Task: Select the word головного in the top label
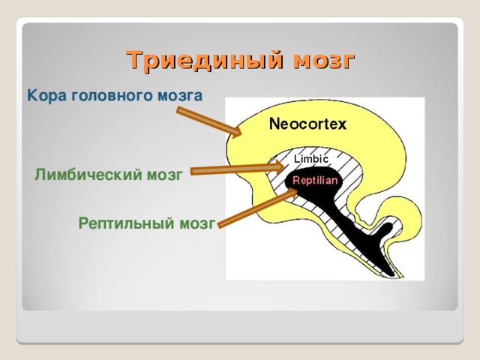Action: [x=107, y=97]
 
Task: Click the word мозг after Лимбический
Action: [x=164, y=175]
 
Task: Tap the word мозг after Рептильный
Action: [x=198, y=223]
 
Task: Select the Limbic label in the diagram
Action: [x=311, y=159]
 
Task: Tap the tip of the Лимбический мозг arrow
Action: [x=286, y=163]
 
